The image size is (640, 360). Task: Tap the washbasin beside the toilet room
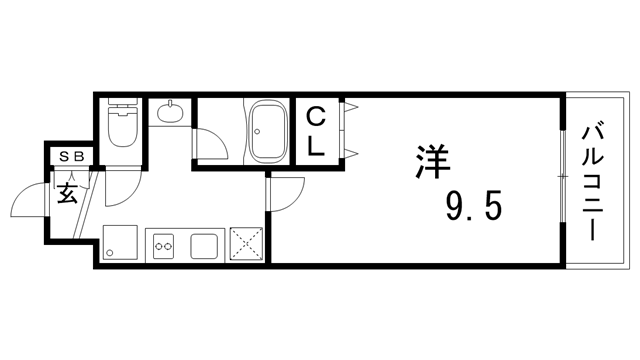(171, 111)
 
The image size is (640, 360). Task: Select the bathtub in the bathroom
(269, 131)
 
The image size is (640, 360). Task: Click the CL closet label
(315, 130)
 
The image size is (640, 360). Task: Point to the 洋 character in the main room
(431, 164)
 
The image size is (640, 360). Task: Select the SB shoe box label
(70, 156)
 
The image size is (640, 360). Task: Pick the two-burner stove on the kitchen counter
(163, 243)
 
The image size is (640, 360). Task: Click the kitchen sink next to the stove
(204, 243)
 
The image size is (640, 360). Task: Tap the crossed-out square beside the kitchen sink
(246, 243)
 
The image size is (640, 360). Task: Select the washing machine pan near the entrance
(120, 243)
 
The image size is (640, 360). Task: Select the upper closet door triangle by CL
(351, 107)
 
